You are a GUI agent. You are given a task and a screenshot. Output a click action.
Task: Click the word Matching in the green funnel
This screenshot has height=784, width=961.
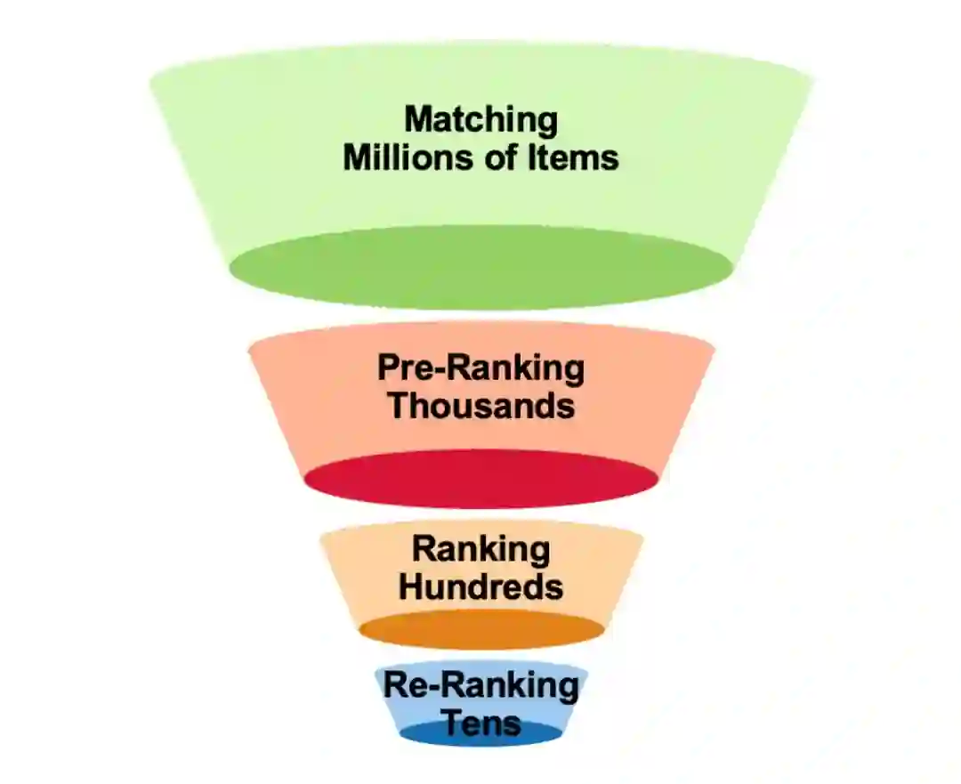(x=481, y=120)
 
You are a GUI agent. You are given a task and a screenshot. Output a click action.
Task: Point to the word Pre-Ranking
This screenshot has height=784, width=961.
(x=481, y=368)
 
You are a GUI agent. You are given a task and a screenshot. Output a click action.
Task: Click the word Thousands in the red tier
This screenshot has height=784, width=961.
(x=481, y=406)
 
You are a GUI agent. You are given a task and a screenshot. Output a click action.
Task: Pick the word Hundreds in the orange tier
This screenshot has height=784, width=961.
(x=481, y=587)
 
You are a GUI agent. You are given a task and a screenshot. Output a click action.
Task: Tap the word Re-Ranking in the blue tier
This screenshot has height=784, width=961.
(x=481, y=686)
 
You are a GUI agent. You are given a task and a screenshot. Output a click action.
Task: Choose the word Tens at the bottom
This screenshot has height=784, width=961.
(x=481, y=722)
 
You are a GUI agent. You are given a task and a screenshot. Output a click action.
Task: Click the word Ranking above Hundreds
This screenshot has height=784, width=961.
(x=481, y=549)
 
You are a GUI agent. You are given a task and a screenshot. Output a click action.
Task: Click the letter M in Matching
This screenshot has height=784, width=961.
(x=417, y=120)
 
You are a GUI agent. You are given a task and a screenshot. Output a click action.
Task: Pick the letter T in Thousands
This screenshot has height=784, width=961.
(x=400, y=406)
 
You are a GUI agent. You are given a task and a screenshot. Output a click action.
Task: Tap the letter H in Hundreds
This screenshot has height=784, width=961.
(x=409, y=587)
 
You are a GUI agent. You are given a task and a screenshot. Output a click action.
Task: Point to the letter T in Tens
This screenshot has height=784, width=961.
(x=452, y=722)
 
